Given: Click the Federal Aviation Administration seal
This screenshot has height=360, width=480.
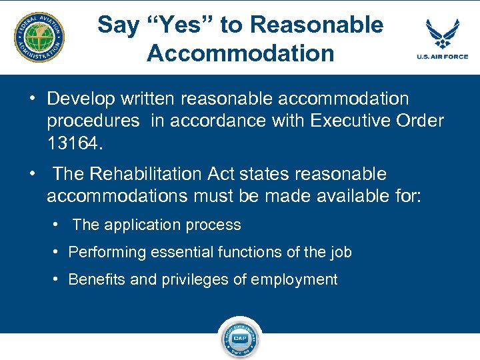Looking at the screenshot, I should pyautogui.click(x=40, y=37).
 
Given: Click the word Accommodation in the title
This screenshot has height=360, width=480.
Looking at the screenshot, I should pyautogui.click(x=240, y=53).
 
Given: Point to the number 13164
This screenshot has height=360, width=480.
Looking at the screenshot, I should pyautogui.click(x=75, y=143).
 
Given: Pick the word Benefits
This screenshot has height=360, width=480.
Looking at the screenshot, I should pyautogui.click(x=97, y=279).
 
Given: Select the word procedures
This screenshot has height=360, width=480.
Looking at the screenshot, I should pyautogui.click(x=93, y=121).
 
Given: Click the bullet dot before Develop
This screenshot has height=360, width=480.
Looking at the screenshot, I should pyautogui.click(x=31, y=98).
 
